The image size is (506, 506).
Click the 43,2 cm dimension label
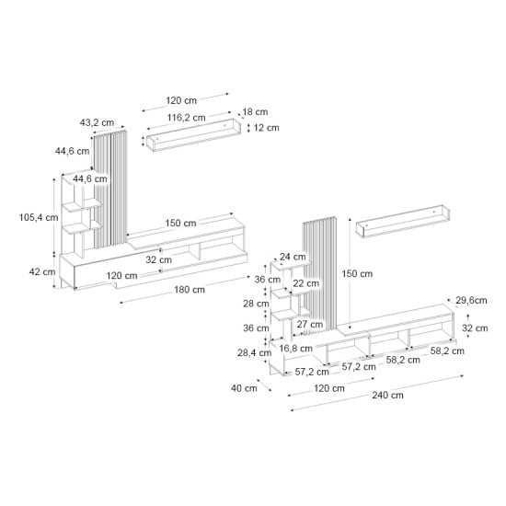coord(97,121)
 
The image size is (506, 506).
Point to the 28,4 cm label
coord(249,352)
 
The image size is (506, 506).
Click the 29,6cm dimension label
coord(470,300)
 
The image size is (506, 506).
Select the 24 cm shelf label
coord(293,257)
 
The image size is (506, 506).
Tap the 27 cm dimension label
coord(303,324)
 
